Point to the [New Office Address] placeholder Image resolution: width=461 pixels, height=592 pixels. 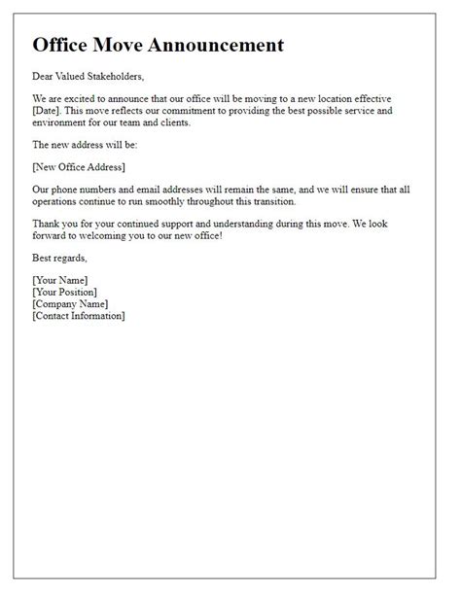pyautogui.click(x=78, y=167)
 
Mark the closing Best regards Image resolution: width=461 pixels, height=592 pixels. pyautogui.click(x=59, y=259)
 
